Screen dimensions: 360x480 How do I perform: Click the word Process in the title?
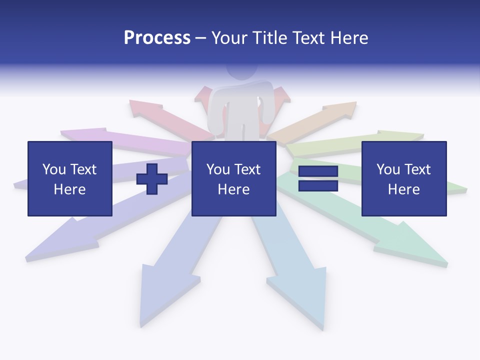point(157,38)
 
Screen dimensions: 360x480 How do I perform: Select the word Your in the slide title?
point(230,38)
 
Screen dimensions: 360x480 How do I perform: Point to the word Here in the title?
point(346,38)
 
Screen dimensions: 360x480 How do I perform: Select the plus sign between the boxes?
point(152,178)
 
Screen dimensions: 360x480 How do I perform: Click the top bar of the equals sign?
point(318,171)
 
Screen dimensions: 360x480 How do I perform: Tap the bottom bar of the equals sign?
point(318,186)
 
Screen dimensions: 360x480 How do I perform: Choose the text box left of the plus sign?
point(69,178)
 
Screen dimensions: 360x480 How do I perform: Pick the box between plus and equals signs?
point(233,178)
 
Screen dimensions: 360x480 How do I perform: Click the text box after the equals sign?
point(403,178)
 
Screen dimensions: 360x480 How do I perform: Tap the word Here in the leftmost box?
point(69,189)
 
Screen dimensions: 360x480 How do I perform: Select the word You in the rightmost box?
point(388,169)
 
